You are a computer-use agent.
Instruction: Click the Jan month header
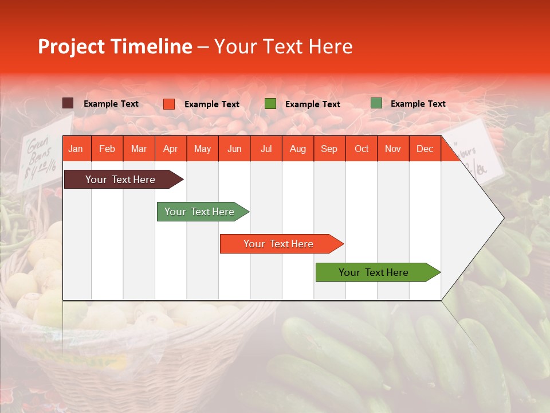click(76, 149)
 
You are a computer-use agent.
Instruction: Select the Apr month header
click(170, 149)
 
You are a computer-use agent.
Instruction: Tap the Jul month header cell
click(266, 149)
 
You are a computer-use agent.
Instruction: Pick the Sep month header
click(329, 149)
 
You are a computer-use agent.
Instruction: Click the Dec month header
click(425, 149)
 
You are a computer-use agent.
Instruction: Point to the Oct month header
click(361, 149)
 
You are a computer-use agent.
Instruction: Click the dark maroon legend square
click(68, 103)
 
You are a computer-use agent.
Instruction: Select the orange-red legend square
click(168, 104)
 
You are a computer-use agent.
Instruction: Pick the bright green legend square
click(270, 104)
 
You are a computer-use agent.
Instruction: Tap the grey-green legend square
click(376, 103)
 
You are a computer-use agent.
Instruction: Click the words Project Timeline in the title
click(115, 46)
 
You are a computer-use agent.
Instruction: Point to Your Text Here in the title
click(284, 46)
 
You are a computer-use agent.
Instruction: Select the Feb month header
click(107, 149)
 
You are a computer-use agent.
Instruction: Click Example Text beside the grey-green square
click(418, 104)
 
